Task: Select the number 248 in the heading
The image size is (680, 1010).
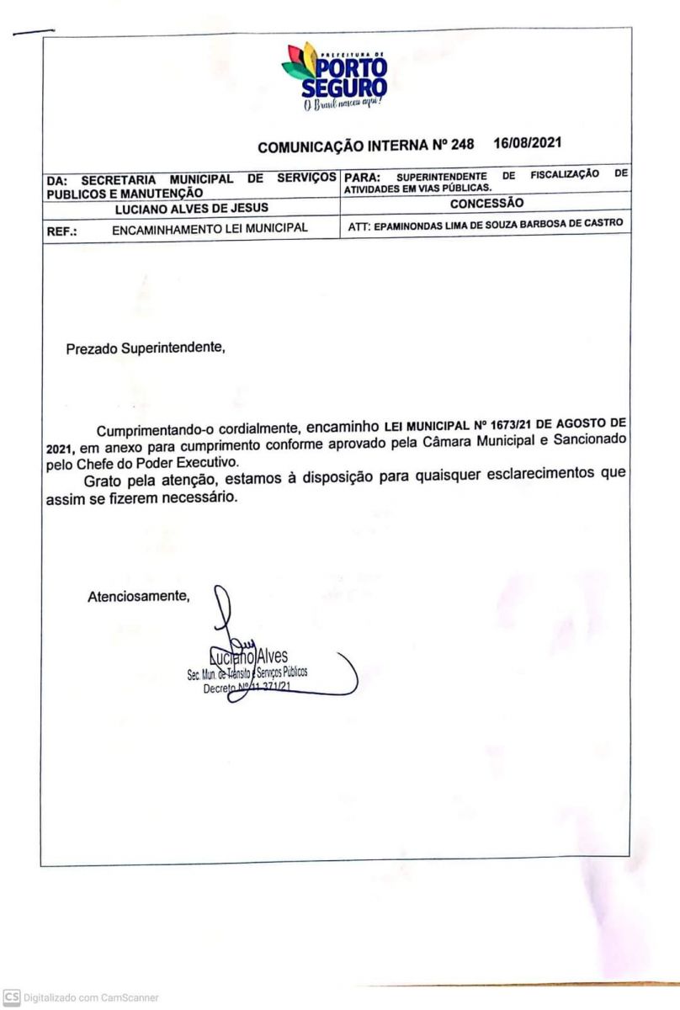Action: click(462, 145)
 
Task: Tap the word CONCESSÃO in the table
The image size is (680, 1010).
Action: click(486, 203)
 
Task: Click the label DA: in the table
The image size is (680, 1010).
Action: click(58, 178)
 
